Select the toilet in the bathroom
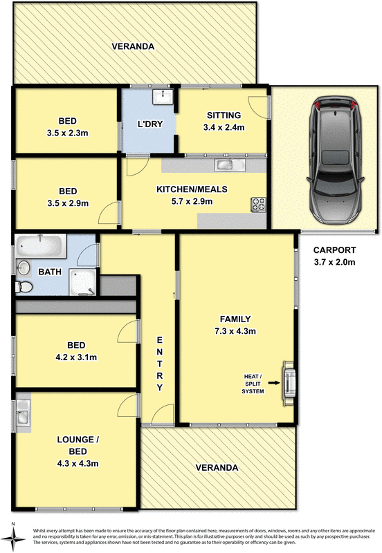[x=25, y=285]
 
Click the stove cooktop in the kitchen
[x=258, y=204]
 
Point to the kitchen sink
[x=226, y=165]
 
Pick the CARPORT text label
[x=334, y=250]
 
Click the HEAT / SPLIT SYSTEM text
[x=253, y=384]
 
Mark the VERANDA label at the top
[x=133, y=47]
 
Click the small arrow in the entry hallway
[x=174, y=296]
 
